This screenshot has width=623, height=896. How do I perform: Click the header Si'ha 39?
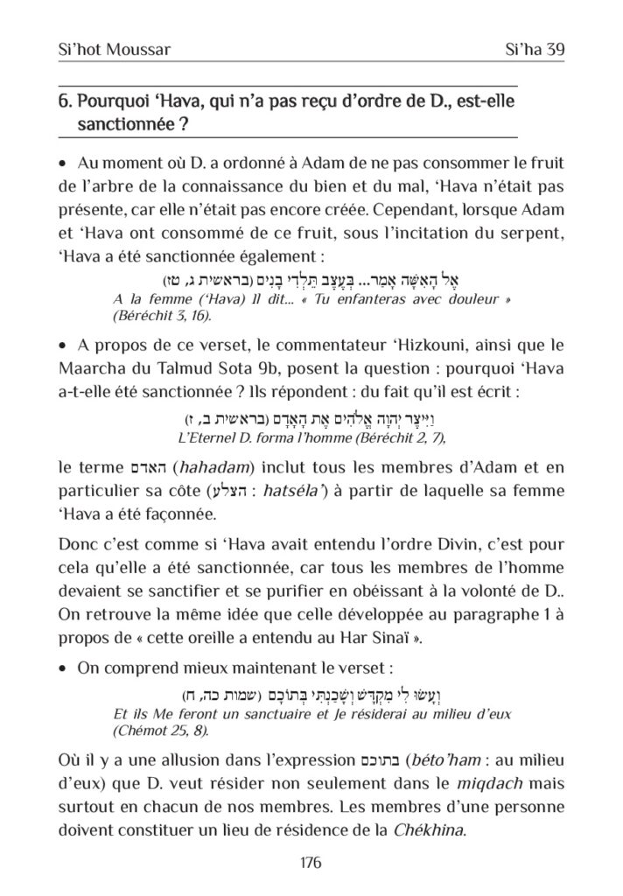point(530,50)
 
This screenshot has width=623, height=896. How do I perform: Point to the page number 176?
point(311,862)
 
